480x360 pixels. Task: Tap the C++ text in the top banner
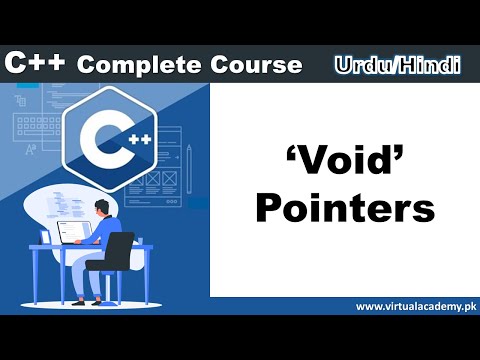pos(36,63)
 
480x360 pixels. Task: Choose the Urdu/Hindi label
pos(398,65)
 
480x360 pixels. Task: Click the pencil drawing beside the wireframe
pos(189,163)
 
